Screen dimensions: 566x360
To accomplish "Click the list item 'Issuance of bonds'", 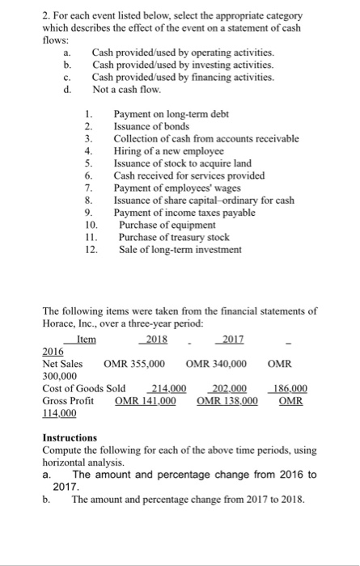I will pos(152,127).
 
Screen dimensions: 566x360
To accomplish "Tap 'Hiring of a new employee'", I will pos(168,150).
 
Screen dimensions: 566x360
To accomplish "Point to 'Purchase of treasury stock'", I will pos(172,238).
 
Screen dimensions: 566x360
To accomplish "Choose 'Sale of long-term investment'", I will pos(180,250).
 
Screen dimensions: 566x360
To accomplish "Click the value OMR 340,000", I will pos(216,364).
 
